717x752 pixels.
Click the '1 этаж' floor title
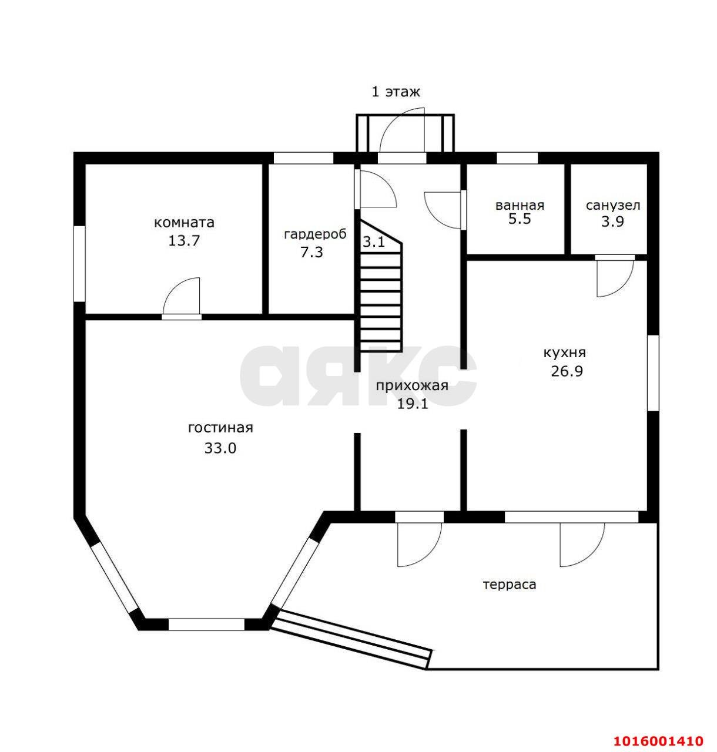(396, 92)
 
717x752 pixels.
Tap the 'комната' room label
(184, 223)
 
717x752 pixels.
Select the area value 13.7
(184, 241)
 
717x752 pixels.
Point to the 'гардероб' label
(315, 234)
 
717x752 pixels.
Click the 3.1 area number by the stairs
(373, 241)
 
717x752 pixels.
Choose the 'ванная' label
(520, 206)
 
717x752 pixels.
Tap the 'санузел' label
(612, 206)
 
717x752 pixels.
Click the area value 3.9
(612, 221)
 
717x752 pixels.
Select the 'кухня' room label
(564, 352)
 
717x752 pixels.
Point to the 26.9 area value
(567, 371)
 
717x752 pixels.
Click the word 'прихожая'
(411, 385)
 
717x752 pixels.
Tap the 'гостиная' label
(220, 428)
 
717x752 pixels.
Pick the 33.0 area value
(220, 448)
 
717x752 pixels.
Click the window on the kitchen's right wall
(653, 373)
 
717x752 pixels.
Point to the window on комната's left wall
(79, 263)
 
